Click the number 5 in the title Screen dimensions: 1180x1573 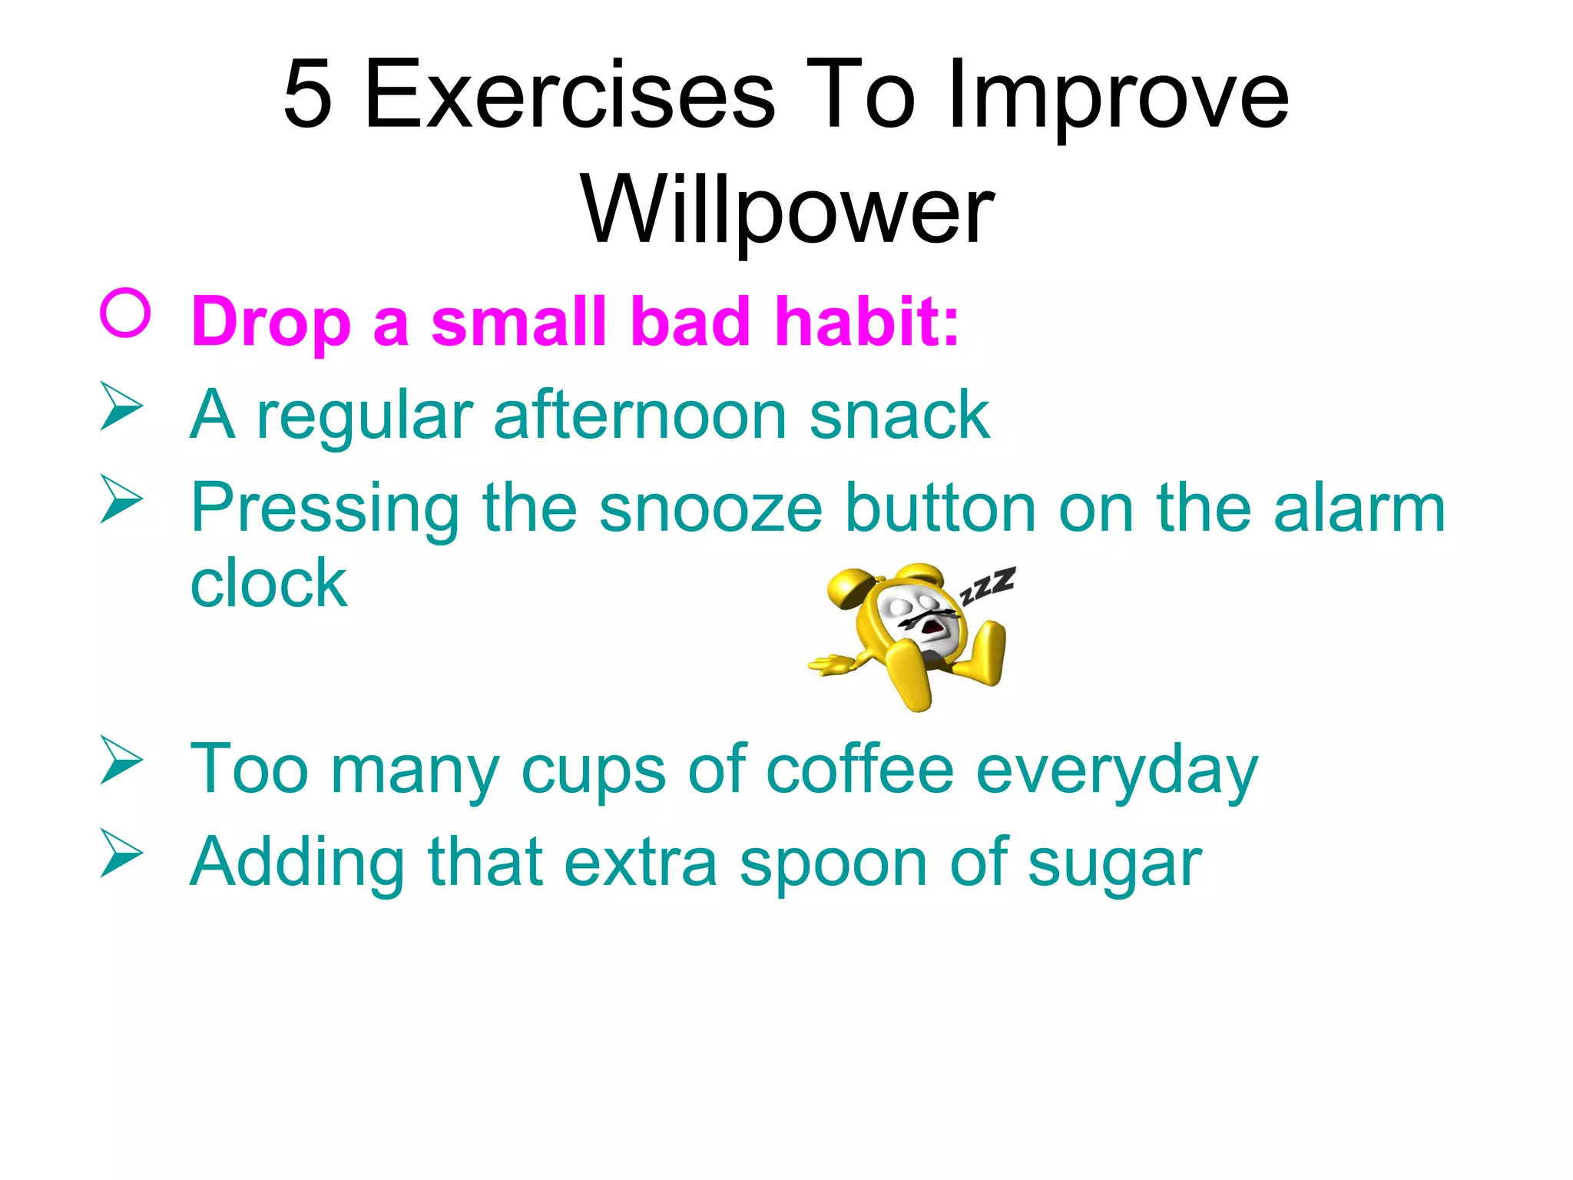point(308,94)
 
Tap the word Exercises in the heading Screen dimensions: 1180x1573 point(569,94)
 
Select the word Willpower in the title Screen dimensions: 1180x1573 point(787,209)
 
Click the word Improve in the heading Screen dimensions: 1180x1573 point(1118,94)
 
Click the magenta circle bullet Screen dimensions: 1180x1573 point(124,313)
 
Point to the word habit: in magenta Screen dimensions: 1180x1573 point(866,321)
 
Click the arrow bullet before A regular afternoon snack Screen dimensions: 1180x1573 point(121,406)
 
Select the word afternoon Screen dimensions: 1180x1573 point(641,415)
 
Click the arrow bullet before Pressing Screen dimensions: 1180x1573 point(121,499)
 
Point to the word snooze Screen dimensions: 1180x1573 point(710,508)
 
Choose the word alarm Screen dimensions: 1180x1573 point(1359,508)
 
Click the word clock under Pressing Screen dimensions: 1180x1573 point(269,584)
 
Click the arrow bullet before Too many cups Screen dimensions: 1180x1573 point(121,761)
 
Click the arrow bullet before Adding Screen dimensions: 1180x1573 point(121,854)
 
